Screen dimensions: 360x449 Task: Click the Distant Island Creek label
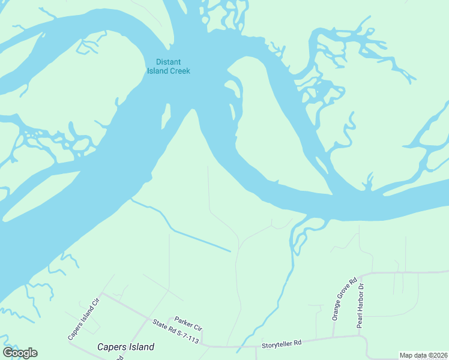[x=169, y=66]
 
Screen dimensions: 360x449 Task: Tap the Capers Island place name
[x=125, y=347]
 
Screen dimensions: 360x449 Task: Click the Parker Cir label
[x=188, y=324]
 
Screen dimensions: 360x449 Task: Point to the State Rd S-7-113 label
[x=175, y=331]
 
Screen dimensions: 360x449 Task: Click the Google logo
[x=20, y=353]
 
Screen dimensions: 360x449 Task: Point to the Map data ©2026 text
[x=423, y=355]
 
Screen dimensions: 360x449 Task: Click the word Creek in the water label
[x=179, y=71]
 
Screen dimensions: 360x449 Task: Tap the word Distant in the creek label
[x=169, y=62]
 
